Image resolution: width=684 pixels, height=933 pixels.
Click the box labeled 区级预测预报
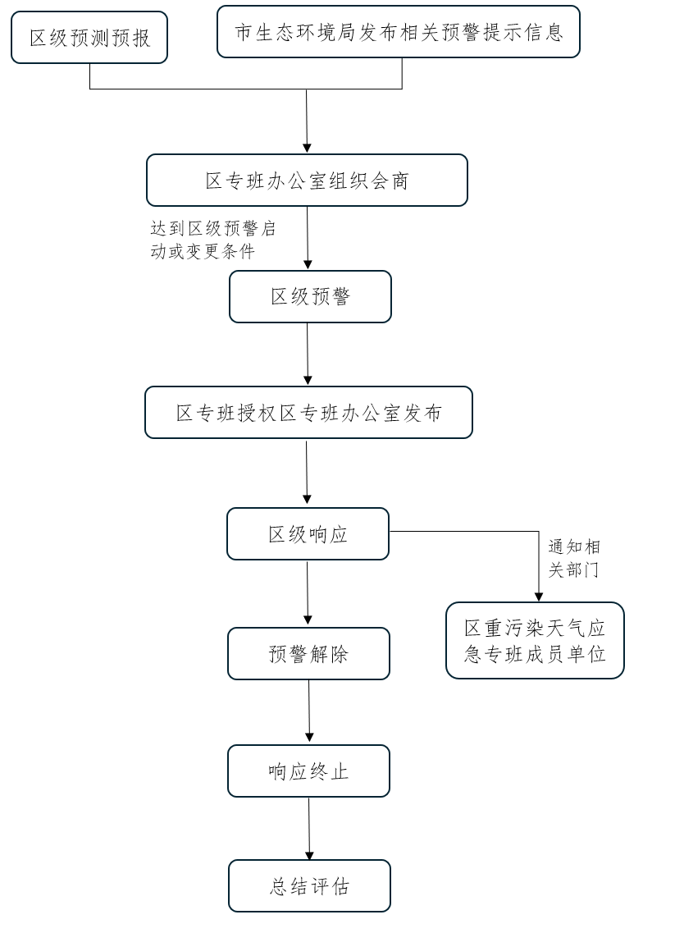[x=89, y=38]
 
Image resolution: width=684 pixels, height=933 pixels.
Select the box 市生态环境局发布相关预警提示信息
[x=399, y=32]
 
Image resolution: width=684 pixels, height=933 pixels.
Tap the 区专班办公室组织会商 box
[x=307, y=181]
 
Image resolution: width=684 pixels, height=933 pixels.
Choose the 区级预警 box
[x=310, y=296]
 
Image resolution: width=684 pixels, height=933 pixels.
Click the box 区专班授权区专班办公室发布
[x=308, y=413]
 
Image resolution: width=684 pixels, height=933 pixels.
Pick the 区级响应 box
[x=308, y=534]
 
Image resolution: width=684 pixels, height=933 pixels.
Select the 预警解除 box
[x=308, y=654]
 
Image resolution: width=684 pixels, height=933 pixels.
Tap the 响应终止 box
[x=308, y=771]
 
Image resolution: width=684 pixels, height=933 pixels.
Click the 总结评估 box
[x=309, y=886]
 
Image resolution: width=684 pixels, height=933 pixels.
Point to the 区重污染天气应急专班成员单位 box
[x=535, y=641]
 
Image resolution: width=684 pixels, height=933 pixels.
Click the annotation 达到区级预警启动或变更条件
[x=212, y=240]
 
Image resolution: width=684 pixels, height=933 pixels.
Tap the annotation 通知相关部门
[x=573, y=558]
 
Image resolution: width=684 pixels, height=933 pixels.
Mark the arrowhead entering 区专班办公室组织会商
[x=307, y=148]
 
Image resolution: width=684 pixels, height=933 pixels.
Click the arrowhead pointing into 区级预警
[x=308, y=264]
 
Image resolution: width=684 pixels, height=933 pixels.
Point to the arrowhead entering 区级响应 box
[x=307, y=500]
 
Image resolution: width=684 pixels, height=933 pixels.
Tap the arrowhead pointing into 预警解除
[x=308, y=620]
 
